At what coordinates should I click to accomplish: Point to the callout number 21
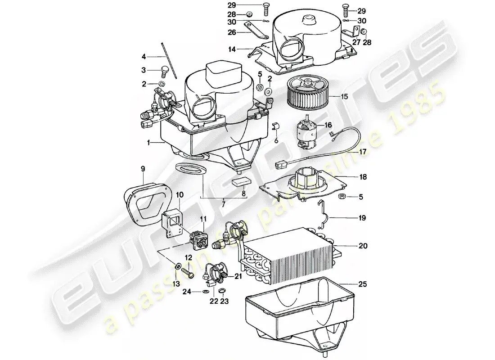tap(238, 276)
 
